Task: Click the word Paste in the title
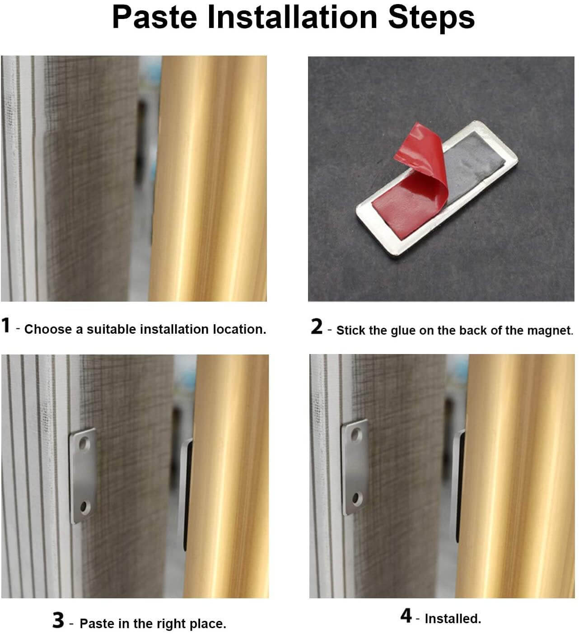click(x=154, y=17)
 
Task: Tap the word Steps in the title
click(x=431, y=17)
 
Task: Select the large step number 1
click(x=6, y=326)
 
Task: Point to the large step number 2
click(x=317, y=327)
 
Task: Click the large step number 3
click(x=58, y=620)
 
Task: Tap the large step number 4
click(x=406, y=615)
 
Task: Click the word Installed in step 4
click(x=452, y=619)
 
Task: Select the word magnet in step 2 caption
click(x=549, y=331)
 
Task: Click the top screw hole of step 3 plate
click(x=83, y=445)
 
